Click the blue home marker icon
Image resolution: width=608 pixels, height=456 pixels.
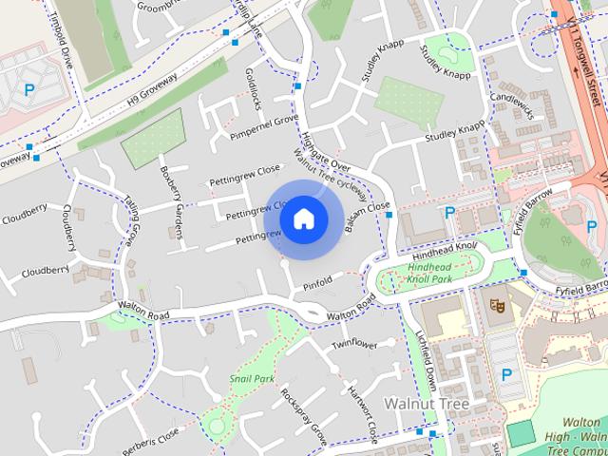click(303, 218)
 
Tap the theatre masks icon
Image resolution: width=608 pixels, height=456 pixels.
click(494, 305)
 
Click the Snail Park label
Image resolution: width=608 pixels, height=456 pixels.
click(251, 378)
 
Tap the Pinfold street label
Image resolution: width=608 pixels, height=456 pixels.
click(317, 282)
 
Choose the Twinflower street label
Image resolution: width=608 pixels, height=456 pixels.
click(354, 343)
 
